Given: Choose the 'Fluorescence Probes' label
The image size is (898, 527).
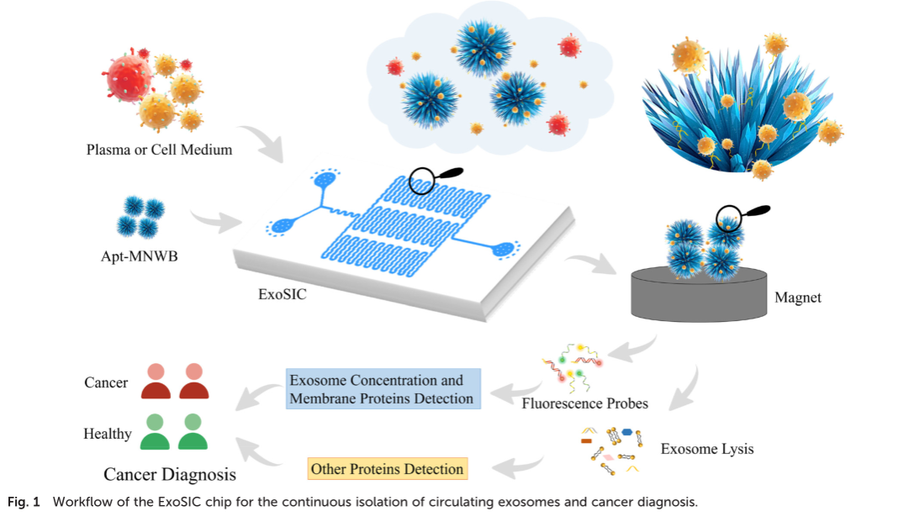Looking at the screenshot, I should (x=585, y=403).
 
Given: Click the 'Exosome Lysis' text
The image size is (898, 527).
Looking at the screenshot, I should (x=707, y=448).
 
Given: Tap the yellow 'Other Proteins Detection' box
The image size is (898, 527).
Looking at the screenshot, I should (x=387, y=468).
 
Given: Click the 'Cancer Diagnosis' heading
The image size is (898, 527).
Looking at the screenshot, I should (x=170, y=474).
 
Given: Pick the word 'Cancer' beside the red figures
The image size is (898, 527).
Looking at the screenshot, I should (x=106, y=382).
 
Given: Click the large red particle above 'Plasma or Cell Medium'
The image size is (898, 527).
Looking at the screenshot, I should (x=129, y=78).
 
